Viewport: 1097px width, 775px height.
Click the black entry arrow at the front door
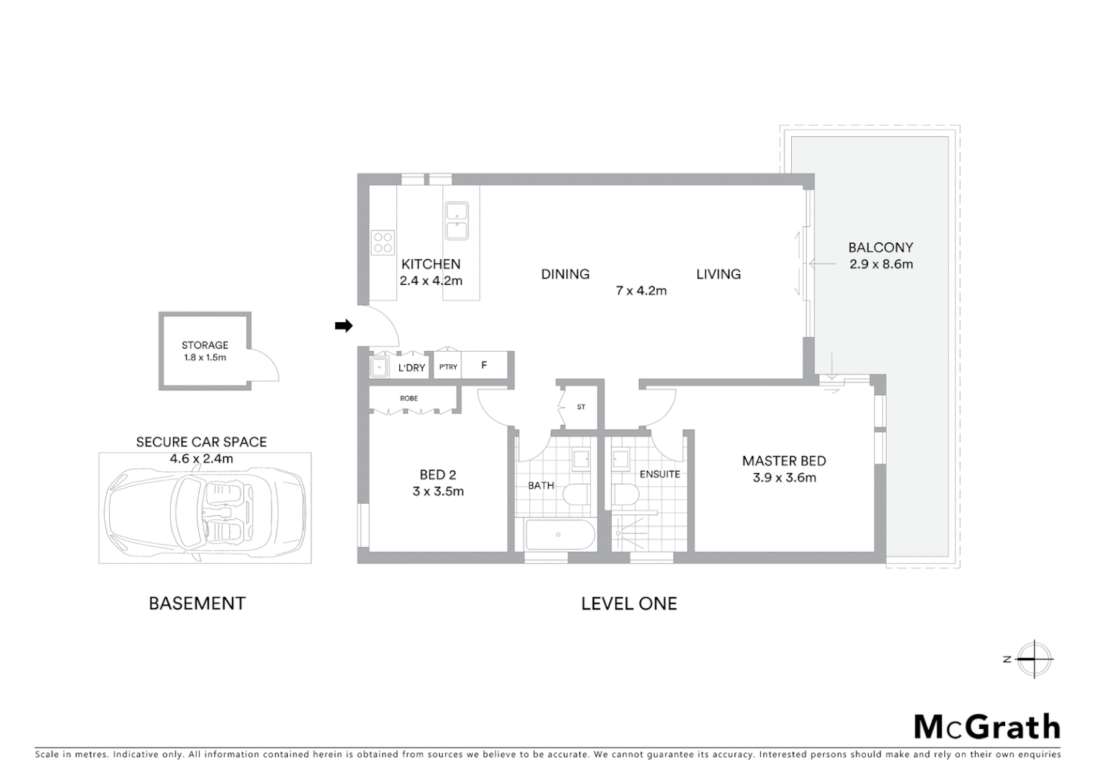pyautogui.click(x=344, y=326)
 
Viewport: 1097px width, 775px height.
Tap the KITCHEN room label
pyautogui.click(x=431, y=264)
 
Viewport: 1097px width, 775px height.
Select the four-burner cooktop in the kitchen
pyautogui.click(x=383, y=243)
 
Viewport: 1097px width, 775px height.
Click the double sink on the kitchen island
pyautogui.click(x=457, y=221)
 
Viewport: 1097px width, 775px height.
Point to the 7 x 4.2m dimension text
pyautogui.click(x=641, y=291)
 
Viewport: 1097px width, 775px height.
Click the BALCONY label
pyautogui.click(x=880, y=248)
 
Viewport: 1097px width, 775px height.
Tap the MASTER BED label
pyautogui.click(x=784, y=461)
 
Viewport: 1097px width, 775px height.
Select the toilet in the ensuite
pyautogui.click(x=625, y=494)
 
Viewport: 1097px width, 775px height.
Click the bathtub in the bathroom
pyautogui.click(x=559, y=535)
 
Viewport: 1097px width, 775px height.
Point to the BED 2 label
pyautogui.click(x=438, y=474)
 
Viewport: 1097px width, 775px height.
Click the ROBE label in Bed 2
pyautogui.click(x=409, y=398)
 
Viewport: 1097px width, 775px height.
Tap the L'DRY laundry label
pyautogui.click(x=411, y=367)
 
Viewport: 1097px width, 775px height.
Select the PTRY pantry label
pyautogui.click(x=448, y=367)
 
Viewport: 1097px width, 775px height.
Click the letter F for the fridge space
pyautogui.click(x=484, y=365)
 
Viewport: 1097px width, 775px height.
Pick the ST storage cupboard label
pyautogui.click(x=581, y=407)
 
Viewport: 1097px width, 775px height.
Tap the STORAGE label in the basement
pyautogui.click(x=205, y=345)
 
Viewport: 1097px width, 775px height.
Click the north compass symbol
pyautogui.click(x=1033, y=659)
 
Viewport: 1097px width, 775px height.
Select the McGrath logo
pyautogui.click(x=986, y=727)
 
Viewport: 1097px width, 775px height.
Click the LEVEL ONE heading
pyautogui.click(x=629, y=603)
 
